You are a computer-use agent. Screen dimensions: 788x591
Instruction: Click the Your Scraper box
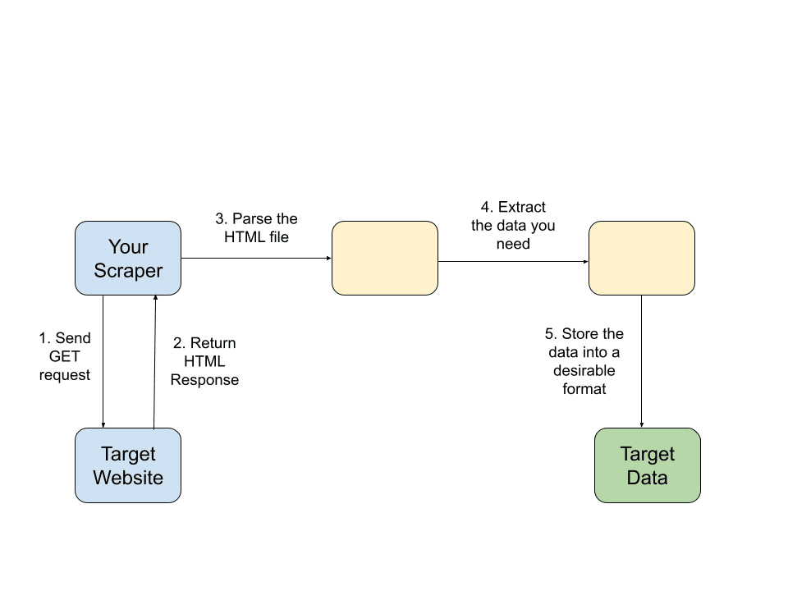point(128,258)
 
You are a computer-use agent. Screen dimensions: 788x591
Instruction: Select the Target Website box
point(128,465)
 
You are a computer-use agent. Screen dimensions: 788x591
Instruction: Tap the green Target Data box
point(648,465)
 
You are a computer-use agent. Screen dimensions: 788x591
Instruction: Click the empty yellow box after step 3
point(385,258)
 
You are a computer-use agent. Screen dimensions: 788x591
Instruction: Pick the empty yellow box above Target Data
point(642,258)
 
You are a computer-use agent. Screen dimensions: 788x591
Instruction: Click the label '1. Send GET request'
point(65,356)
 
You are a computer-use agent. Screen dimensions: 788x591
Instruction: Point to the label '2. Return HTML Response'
point(204,361)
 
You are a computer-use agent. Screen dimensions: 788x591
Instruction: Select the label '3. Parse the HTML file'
point(256,227)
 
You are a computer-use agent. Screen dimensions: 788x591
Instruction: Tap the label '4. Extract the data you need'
point(513,225)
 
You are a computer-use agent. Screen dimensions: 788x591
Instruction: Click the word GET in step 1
point(64,356)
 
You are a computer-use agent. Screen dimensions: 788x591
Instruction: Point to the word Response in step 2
point(204,380)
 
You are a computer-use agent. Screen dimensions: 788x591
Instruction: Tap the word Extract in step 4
point(522,207)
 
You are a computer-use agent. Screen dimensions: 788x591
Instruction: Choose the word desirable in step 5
point(584,370)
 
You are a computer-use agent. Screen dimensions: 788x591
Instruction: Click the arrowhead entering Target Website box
point(103,425)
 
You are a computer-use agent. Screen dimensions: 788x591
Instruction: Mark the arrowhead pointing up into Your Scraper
point(156,298)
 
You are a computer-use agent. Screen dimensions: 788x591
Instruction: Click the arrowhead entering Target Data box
point(642,425)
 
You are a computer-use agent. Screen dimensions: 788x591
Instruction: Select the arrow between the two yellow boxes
point(513,261)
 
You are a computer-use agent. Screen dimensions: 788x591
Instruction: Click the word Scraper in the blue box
point(128,270)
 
